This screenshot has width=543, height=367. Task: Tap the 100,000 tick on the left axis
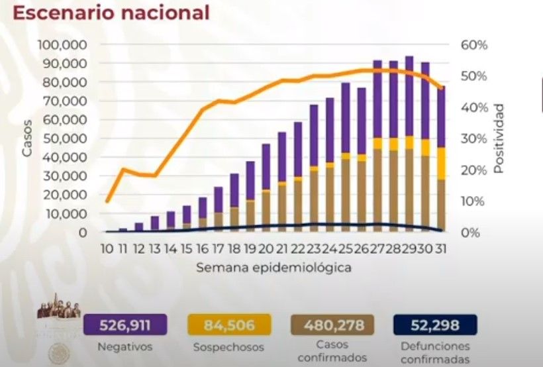pos(64,44)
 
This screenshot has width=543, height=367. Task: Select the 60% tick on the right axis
pos(474,44)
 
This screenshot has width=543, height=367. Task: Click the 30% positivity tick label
pos(474,138)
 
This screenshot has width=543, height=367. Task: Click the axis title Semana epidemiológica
pos(273,268)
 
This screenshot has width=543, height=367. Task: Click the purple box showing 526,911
pos(125,325)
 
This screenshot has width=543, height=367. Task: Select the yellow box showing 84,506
pos(228,325)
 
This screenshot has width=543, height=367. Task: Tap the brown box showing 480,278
pos(332,325)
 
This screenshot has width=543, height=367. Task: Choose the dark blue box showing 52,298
pos(435,325)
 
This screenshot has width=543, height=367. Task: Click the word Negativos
pos(125,346)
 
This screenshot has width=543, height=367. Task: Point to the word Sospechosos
pos(228,347)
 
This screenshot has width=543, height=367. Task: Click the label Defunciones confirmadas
pos(435,352)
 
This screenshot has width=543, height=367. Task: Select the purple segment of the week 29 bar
pos(409,96)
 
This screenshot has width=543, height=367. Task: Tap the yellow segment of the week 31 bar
pos(441,163)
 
